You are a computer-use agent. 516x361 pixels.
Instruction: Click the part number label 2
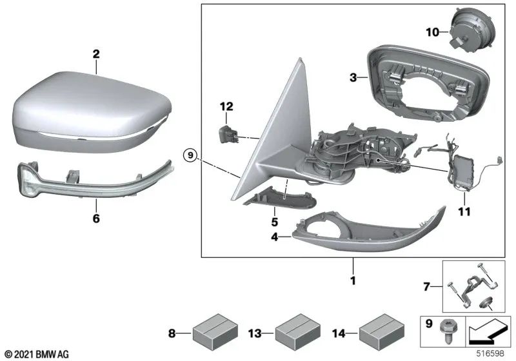coord(95,55)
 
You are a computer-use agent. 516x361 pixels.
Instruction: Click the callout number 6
coord(96,219)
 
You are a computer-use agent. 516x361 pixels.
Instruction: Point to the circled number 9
coord(188,155)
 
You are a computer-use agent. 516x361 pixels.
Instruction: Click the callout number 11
coord(464,211)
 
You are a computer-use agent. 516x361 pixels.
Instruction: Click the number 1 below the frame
coord(353,280)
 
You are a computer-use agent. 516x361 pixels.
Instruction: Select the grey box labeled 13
coord(294,334)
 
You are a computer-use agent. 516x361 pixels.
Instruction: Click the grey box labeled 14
coord(377,334)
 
